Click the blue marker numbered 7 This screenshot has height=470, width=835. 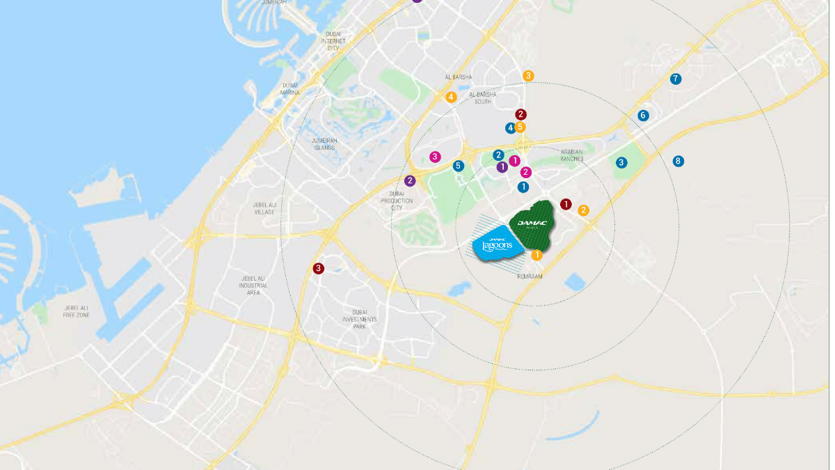click(675, 79)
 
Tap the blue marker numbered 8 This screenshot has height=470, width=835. click(678, 161)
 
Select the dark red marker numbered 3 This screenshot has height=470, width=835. click(318, 268)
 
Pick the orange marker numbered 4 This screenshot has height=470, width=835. click(451, 97)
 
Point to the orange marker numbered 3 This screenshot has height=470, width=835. click(528, 75)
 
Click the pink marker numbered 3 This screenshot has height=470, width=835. click(435, 157)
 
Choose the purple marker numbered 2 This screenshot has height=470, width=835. click(410, 181)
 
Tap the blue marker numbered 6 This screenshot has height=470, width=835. click(643, 115)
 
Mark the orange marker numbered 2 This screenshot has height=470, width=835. click(583, 210)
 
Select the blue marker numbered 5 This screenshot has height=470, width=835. click(458, 166)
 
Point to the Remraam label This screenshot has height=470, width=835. click(530, 276)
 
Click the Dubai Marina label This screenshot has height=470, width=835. click(289, 88)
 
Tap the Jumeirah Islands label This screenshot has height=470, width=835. click(324, 144)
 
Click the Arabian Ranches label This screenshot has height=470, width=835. click(571, 155)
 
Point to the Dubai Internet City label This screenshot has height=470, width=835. click(333, 41)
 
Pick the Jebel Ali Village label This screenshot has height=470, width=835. click(264, 207)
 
